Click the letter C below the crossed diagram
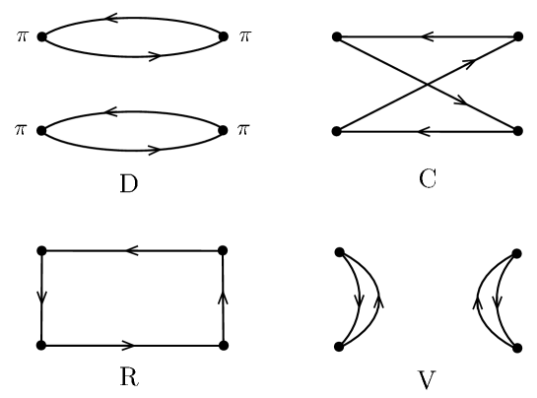click(x=427, y=180)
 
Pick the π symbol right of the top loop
click(x=244, y=36)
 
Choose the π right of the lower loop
click(x=244, y=130)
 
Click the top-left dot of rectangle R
click(x=41, y=251)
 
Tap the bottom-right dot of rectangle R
click(x=224, y=346)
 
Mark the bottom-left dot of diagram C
click(x=337, y=131)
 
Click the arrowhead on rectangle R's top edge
click(x=130, y=251)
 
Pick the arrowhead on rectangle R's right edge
click(x=224, y=295)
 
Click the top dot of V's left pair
click(x=338, y=251)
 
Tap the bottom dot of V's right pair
click(x=518, y=346)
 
